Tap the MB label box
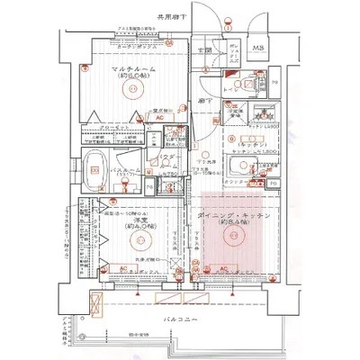(258, 48)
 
